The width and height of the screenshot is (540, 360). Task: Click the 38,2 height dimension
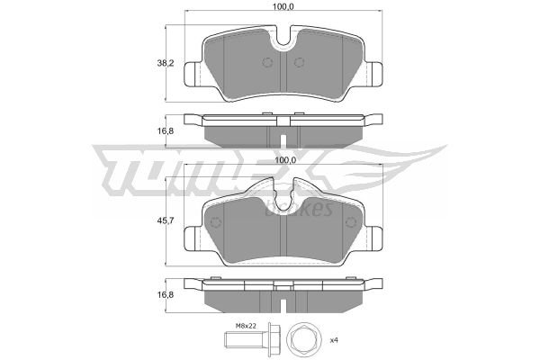coord(166,63)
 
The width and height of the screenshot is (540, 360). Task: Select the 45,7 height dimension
coord(166,220)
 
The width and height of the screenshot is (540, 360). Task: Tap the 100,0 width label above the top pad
coord(283,6)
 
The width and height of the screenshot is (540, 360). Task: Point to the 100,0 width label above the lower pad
coord(285,160)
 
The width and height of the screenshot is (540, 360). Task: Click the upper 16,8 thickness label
coord(166,131)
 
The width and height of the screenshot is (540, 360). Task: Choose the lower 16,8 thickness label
coord(166,295)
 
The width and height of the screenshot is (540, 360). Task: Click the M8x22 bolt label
coord(246,326)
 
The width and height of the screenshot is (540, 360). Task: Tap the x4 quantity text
coord(334,340)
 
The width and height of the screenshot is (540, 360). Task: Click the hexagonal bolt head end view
coord(303,339)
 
